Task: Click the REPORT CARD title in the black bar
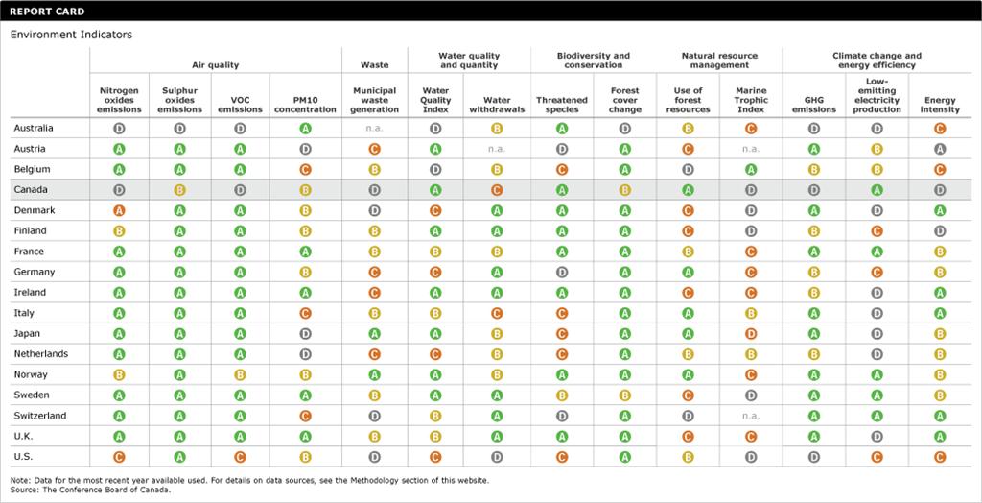tap(47, 12)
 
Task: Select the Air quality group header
tap(215, 65)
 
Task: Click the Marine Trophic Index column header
tap(751, 99)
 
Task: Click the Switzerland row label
tap(40, 416)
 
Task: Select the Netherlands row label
tap(41, 354)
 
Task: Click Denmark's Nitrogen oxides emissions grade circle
tap(120, 210)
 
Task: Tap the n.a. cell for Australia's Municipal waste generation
tap(375, 129)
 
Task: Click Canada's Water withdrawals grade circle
tap(497, 190)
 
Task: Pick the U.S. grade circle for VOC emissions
tap(241, 457)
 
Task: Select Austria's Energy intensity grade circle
tap(940, 149)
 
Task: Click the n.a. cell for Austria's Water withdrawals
tap(497, 149)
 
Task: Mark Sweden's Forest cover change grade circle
tap(625, 395)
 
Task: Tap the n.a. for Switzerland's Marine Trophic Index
tap(751, 416)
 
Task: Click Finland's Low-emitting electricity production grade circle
tap(877, 231)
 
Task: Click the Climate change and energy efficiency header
tap(877, 60)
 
